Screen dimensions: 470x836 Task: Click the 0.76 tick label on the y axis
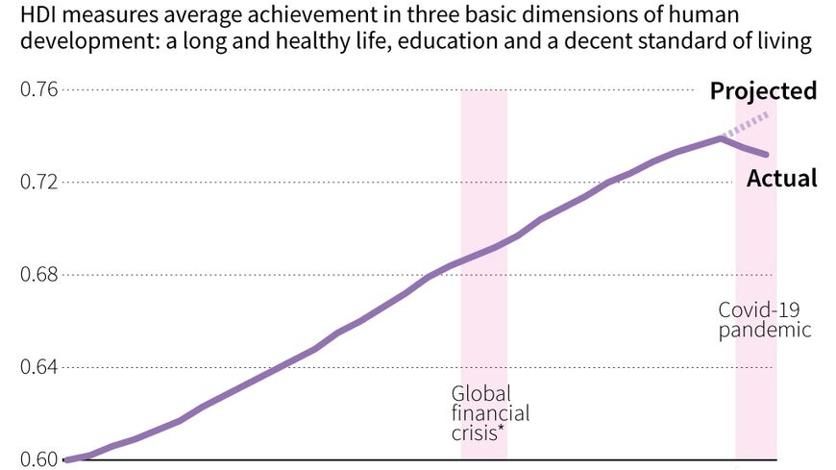tap(40, 90)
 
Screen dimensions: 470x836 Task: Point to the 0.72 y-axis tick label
tap(40, 183)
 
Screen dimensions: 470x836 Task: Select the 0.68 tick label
tap(40, 275)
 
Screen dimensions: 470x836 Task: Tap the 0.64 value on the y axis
tap(40, 367)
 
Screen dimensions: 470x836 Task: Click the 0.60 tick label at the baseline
tap(40, 459)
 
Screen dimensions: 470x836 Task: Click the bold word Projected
tap(763, 91)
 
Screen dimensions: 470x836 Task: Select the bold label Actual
tap(782, 179)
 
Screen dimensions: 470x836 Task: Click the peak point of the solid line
tap(721, 138)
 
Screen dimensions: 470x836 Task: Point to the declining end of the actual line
tap(766, 154)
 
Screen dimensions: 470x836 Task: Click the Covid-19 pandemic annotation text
tap(765, 319)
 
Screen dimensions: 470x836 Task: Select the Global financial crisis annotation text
tap(490, 413)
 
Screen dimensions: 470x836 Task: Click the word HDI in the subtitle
tap(37, 15)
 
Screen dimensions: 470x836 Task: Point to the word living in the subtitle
tap(787, 43)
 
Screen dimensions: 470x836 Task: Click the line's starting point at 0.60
tap(65, 459)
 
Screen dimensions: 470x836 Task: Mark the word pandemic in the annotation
tap(765, 330)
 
